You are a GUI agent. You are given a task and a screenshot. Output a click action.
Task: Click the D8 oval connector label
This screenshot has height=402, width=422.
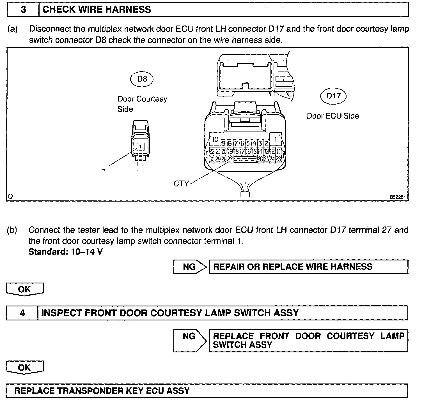pos(142,79)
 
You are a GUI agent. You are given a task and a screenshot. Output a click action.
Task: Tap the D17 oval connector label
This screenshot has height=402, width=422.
pos(333,96)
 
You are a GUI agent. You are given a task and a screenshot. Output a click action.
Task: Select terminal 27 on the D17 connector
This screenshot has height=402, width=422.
pos(230,159)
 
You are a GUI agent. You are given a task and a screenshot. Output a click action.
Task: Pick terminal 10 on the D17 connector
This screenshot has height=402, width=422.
pos(215,139)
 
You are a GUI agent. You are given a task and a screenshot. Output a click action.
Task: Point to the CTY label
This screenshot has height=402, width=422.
pos(181,184)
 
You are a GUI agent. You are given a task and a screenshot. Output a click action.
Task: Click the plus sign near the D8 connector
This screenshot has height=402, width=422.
pos(104,170)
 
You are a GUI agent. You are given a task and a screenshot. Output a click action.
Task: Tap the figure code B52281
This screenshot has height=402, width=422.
pos(398,197)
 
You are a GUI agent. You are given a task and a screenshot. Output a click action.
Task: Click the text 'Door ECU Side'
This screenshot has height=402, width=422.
pos(333,116)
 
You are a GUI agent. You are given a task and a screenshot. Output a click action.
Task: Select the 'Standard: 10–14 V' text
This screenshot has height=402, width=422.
pos(66,252)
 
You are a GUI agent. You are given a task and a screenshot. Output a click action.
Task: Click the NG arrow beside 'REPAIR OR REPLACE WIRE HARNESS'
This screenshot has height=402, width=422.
pos(190,267)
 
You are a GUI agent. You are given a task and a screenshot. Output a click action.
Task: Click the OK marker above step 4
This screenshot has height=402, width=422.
pos(25,289)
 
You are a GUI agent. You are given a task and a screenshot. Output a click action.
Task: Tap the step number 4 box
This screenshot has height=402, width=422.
pos(22,313)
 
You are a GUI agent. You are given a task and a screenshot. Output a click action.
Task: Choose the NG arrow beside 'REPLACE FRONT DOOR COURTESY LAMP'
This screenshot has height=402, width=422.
pos(190,340)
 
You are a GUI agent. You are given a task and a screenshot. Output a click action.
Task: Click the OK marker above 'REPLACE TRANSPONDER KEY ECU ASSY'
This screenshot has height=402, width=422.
pos(25,368)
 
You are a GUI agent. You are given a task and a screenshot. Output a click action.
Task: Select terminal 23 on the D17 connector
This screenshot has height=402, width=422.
pos(278,159)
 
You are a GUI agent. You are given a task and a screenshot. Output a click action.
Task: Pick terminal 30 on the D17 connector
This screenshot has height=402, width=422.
pos(212,159)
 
